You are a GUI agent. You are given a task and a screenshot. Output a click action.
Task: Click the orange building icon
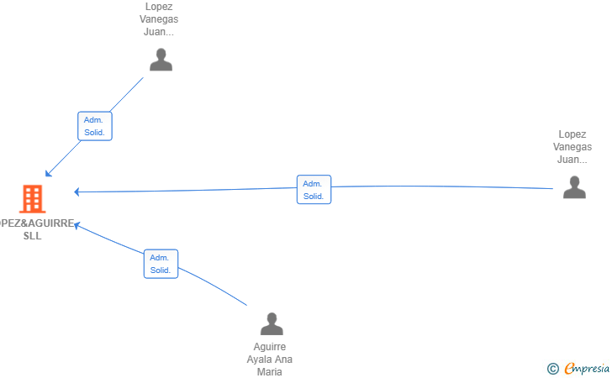[x=33, y=198]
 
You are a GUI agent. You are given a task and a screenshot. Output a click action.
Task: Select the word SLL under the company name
[x=33, y=235]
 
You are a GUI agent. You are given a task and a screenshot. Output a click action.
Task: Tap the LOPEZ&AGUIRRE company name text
[x=37, y=223]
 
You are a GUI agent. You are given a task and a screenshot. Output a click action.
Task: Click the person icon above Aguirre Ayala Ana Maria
[x=272, y=323]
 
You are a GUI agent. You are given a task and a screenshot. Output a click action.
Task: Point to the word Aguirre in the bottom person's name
[x=270, y=347]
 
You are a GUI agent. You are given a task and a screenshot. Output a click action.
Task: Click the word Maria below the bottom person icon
[x=270, y=372]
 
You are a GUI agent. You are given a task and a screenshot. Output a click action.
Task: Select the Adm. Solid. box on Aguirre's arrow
[x=161, y=264]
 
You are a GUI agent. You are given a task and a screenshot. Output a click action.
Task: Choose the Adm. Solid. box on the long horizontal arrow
[x=314, y=190]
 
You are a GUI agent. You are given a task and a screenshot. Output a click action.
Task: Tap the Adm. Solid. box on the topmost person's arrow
[x=95, y=126]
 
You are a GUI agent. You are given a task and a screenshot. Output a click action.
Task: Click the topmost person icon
[x=161, y=60]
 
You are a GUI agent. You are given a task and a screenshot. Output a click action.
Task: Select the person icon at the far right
[x=574, y=187]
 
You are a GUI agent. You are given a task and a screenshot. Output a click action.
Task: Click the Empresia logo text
[x=587, y=368]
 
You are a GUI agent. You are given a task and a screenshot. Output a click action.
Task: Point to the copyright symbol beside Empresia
[x=553, y=369]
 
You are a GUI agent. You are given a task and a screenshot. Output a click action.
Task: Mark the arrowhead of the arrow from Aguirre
[x=76, y=225]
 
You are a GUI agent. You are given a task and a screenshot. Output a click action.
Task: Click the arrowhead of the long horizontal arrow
[x=76, y=192]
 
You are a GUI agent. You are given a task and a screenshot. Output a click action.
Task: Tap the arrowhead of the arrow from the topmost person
[x=48, y=174]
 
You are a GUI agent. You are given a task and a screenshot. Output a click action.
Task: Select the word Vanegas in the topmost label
[x=159, y=19]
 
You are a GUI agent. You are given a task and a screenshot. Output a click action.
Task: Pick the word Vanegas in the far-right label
[x=572, y=147]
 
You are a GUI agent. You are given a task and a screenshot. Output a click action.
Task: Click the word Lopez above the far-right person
[x=572, y=134]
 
